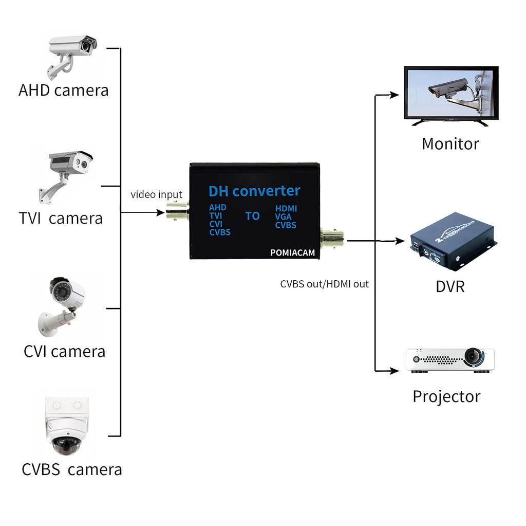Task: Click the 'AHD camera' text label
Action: pyautogui.click(x=64, y=90)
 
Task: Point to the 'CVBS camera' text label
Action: pyautogui.click(x=72, y=469)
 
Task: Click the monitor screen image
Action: pyautogui.click(x=451, y=94)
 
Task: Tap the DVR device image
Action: pyautogui.click(x=453, y=247)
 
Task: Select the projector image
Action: pyautogui.click(x=450, y=359)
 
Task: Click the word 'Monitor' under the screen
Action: pyautogui.click(x=450, y=143)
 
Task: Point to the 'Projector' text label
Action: pyautogui.click(x=446, y=396)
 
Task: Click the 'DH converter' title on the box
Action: pyautogui.click(x=254, y=191)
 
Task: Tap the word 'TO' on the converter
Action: pyautogui.click(x=252, y=216)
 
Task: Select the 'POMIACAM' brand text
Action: pyautogui.click(x=292, y=252)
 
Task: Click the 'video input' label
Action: pyautogui.click(x=156, y=194)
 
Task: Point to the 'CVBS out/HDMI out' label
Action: pyautogui.click(x=324, y=284)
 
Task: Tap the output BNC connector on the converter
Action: pyautogui.click(x=332, y=238)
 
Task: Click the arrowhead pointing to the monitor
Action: pyautogui.click(x=394, y=95)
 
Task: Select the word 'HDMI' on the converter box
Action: pyautogui.click(x=286, y=209)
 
